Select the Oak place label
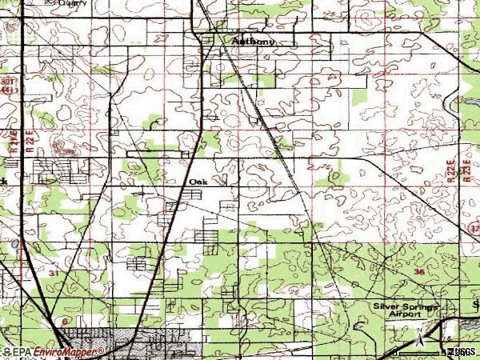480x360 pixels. coord(198,182)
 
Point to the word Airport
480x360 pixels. coord(404,315)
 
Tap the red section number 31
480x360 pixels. coord(53,274)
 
